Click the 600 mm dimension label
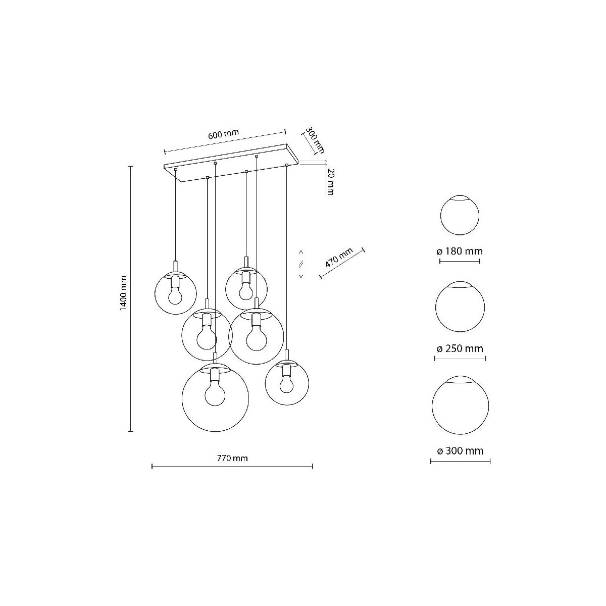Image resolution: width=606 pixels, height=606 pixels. (x=224, y=134)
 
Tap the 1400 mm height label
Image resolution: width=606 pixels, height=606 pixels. (x=124, y=293)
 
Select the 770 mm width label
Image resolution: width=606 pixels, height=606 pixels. (x=232, y=458)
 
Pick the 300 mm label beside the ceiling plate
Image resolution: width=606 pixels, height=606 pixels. (x=315, y=139)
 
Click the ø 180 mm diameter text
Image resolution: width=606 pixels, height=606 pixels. (x=460, y=251)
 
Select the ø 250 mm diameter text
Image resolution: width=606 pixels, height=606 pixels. (x=460, y=348)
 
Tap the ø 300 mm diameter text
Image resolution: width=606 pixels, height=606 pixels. (x=460, y=450)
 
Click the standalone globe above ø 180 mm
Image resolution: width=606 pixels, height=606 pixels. (x=460, y=215)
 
